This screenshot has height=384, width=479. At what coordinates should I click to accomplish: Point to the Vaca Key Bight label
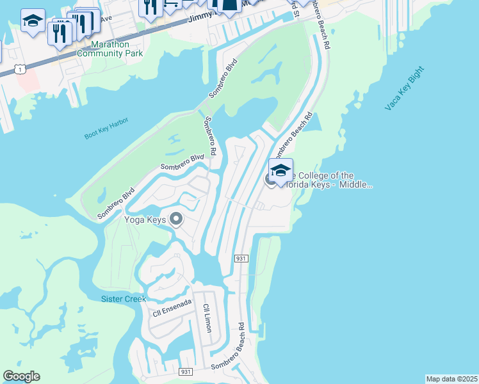click(x=405, y=88)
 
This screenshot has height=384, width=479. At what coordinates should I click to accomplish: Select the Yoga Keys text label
click(x=145, y=220)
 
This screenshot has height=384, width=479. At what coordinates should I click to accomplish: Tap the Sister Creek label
click(x=124, y=299)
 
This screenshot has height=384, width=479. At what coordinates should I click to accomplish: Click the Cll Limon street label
click(x=207, y=317)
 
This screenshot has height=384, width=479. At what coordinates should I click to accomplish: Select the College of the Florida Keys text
click(x=330, y=180)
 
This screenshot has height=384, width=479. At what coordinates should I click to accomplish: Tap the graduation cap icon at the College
click(x=280, y=170)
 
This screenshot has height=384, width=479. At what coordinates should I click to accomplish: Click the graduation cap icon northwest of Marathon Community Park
click(x=32, y=21)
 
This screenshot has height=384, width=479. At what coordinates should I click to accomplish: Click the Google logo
click(x=21, y=376)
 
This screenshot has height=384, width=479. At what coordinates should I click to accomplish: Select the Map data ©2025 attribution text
click(x=451, y=379)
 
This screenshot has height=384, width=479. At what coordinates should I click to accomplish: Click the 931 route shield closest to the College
click(x=241, y=258)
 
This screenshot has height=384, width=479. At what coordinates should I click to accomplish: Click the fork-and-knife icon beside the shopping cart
click(x=150, y=7)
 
